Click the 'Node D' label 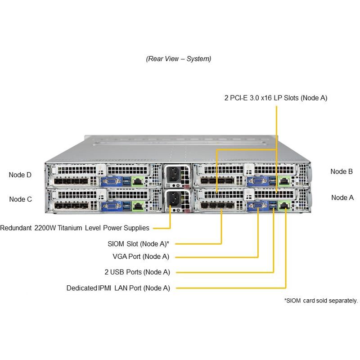tap(20, 175)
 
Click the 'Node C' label tap(20, 198)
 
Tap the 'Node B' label tap(342, 171)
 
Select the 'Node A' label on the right tap(342, 198)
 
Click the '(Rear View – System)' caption tap(179, 59)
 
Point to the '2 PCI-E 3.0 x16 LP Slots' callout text tap(275, 98)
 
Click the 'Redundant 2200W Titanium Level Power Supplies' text tap(75, 228)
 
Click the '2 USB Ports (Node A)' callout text tap(137, 272)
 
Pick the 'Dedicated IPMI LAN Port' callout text tap(118, 288)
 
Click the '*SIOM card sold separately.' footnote tap(321, 301)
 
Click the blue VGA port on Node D tap(110, 181)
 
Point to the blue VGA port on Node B tap(257, 181)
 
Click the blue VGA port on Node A tap(258, 206)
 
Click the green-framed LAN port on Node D tap(139, 181)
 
